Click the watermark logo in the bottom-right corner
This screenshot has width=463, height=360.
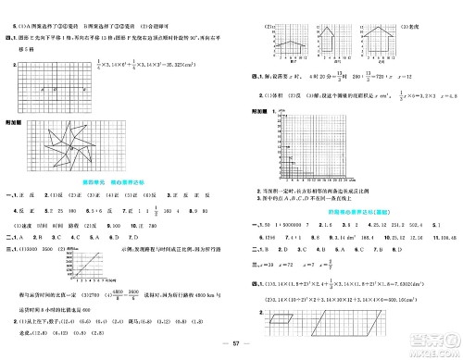(436, 341)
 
